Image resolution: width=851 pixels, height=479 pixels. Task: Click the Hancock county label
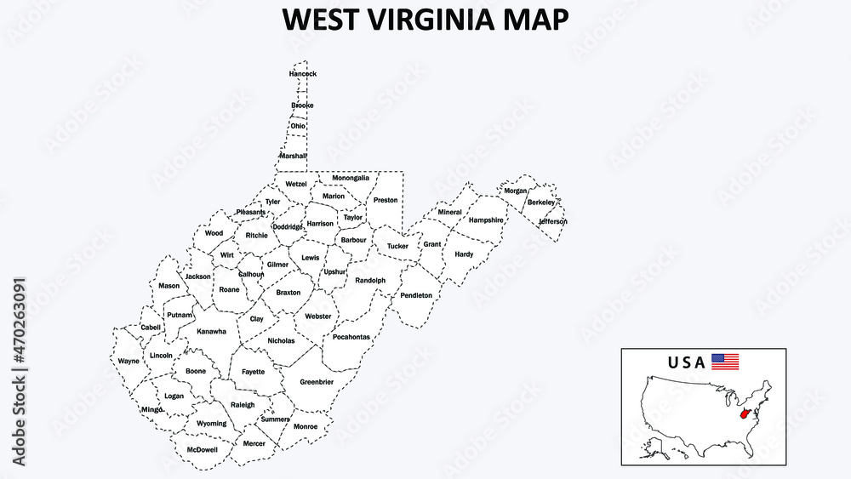click(302, 74)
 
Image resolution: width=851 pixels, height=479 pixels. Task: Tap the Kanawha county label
click(212, 332)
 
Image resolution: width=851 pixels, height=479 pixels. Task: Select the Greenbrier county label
click(317, 382)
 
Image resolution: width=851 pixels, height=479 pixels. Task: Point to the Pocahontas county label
click(351, 337)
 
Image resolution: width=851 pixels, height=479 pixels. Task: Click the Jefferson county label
click(552, 221)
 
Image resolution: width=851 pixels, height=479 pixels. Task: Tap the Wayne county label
click(129, 361)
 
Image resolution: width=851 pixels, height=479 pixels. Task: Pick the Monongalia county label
click(351, 178)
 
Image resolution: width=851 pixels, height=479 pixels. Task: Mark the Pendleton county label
click(416, 295)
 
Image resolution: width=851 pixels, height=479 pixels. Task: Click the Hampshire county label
click(486, 220)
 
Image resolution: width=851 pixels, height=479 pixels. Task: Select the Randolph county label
click(370, 280)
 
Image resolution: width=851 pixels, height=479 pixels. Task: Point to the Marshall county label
click(294, 156)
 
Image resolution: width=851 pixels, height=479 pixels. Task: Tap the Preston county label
click(385, 200)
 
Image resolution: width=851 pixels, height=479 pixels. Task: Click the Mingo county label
click(152, 409)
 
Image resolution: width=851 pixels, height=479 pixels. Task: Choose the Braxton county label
click(288, 292)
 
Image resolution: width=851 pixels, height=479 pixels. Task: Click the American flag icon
click(725, 362)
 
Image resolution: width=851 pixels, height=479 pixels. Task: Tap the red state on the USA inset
click(746, 414)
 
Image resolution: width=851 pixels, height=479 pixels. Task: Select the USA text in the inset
click(686, 362)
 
